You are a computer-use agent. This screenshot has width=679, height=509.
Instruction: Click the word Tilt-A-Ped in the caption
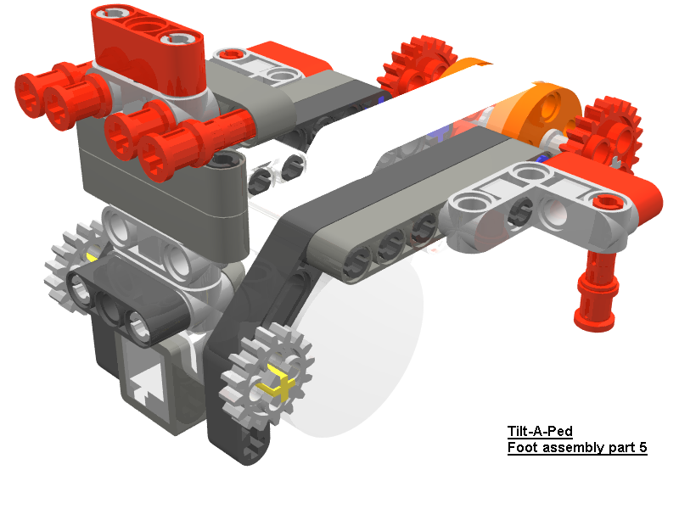click(x=540, y=432)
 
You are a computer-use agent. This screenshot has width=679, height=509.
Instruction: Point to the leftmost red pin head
click(x=32, y=90)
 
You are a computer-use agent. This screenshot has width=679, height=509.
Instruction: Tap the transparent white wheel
click(x=373, y=356)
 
